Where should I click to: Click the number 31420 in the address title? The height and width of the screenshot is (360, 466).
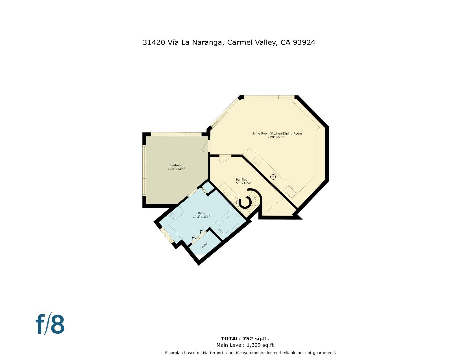154,42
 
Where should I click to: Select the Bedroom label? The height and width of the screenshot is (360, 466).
177,165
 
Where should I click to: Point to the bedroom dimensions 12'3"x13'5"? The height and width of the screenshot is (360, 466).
176,169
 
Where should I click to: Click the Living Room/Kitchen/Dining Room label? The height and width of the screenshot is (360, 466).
276,134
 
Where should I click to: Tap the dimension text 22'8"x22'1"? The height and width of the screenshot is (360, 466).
276,137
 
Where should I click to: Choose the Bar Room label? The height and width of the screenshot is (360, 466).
243,180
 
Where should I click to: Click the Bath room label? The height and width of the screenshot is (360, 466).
201,213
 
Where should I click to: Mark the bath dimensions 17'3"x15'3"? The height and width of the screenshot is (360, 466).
201,217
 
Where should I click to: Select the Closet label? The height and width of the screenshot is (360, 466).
204,245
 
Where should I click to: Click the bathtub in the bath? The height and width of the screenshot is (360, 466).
229,224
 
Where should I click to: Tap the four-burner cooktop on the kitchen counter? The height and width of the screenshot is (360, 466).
273,176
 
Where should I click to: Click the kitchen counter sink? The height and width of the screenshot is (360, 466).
257,161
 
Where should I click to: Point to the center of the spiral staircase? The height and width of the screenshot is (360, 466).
246,202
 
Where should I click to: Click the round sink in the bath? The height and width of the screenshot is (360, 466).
173,216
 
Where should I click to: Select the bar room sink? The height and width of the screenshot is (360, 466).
227,192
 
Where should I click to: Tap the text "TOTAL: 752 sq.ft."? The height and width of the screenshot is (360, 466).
245,339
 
